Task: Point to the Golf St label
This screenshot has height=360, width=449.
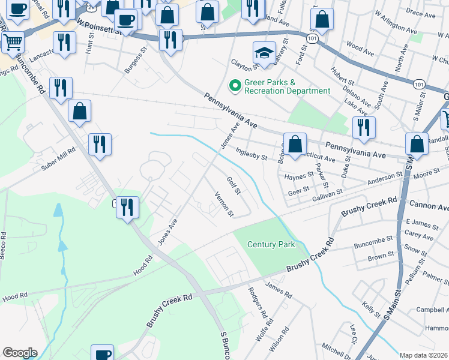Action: (233, 185)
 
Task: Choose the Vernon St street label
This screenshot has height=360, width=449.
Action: (224, 205)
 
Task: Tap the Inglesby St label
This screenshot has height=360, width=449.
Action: (251, 155)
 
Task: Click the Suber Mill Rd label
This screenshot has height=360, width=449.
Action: (58, 157)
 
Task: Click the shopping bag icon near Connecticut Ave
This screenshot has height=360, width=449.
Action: (295, 145)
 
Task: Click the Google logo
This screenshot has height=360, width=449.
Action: (20, 353)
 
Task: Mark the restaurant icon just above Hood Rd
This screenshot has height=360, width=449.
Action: (127, 208)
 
